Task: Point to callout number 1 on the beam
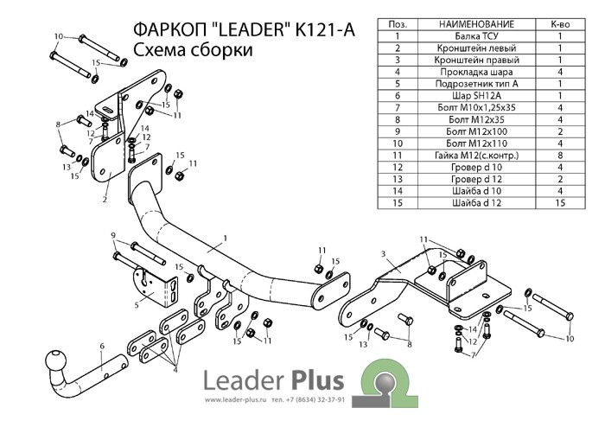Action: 223,237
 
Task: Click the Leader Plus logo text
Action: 272,380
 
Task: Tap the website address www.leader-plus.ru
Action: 233,400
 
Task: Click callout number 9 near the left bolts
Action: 112,236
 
